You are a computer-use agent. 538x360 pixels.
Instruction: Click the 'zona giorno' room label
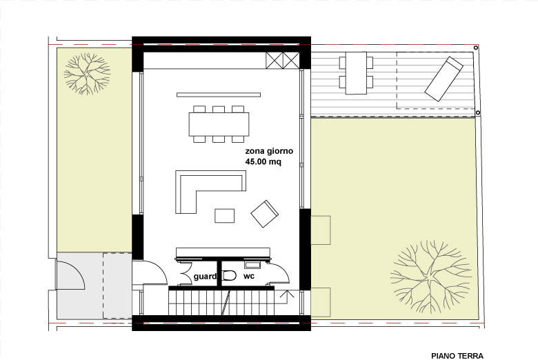[x=269, y=151]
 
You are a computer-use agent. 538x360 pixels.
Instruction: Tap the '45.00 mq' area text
[x=263, y=161]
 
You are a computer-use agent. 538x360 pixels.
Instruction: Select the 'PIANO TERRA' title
[x=457, y=356]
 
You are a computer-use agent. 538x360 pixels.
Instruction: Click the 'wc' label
[x=249, y=276]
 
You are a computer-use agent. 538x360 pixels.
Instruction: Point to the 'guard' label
[x=205, y=277]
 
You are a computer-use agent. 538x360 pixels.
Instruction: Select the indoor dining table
[x=219, y=124]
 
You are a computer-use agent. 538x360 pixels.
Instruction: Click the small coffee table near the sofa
[x=225, y=216]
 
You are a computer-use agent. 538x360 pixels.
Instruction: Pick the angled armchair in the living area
[x=264, y=214]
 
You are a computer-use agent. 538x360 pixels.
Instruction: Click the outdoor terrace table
[x=356, y=73]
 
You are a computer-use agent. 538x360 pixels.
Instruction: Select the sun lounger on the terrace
[x=444, y=79]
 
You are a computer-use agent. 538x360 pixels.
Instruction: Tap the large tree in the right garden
[x=431, y=277]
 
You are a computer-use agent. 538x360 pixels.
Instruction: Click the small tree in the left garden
[x=87, y=73]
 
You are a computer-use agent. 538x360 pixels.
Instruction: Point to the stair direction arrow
[x=287, y=297]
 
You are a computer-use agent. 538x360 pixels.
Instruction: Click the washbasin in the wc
[x=252, y=265]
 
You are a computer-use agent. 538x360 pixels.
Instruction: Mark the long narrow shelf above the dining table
[x=219, y=94]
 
